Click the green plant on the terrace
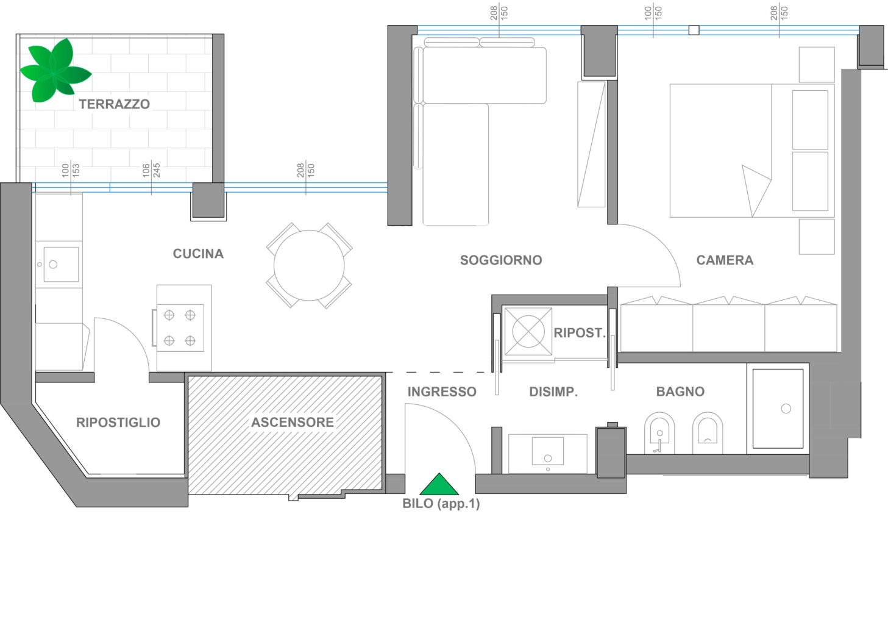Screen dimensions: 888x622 point(55,71)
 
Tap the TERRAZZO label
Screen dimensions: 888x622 point(114,104)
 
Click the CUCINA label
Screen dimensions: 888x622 point(198,254)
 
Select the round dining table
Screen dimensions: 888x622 point(309,265)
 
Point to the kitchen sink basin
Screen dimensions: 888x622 point(61,265)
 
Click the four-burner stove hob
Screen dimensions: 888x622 point(180,328)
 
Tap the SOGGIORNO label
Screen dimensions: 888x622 point(501,260)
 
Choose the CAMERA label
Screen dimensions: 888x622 point(725,260)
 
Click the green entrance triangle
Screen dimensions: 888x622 point(439,484)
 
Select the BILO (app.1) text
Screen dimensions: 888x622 point(441,504)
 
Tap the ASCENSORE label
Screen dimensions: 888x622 point(293,422)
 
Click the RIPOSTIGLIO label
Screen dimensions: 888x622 point(118,422)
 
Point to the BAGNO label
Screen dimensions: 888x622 point(680,391)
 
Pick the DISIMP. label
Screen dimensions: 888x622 point(553,391)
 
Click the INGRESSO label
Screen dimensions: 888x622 point(442,391)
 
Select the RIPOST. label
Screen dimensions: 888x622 point(580,332)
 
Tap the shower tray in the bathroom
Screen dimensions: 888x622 point(778,409)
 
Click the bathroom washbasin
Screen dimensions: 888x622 point(547,451)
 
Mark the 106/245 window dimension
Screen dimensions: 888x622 point(151,170)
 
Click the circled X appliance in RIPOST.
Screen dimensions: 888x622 point(528,331)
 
